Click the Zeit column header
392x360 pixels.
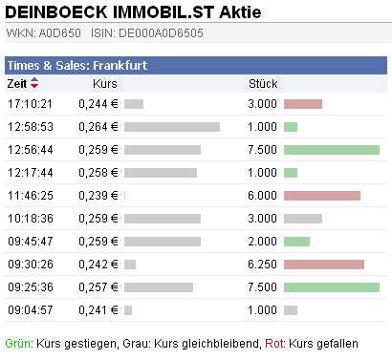17,84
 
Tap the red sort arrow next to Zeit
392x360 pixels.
34,84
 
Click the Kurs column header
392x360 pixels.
106,84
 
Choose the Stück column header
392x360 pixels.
262,84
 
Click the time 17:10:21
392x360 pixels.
30,103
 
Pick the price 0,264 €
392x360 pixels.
98,127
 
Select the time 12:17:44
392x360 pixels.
30,173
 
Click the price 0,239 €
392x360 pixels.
98,196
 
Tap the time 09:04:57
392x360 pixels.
30,310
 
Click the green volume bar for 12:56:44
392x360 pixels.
332,150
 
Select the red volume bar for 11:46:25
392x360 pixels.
322,196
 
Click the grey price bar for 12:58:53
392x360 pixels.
172,127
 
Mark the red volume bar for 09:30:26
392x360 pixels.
324,265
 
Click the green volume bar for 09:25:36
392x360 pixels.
332,287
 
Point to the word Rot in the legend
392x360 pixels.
274,343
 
